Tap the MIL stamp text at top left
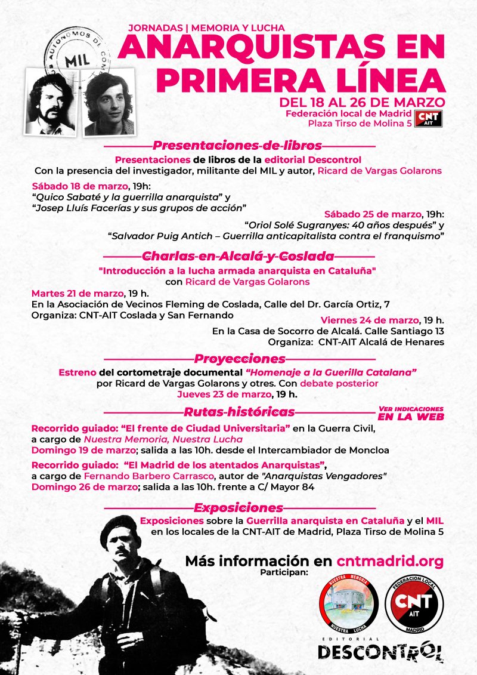click(x=73, y=61)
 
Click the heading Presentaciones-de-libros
click(x=237, y=146)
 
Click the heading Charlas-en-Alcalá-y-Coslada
click(x=237, y=257)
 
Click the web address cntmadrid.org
click(x=390, y=561)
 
